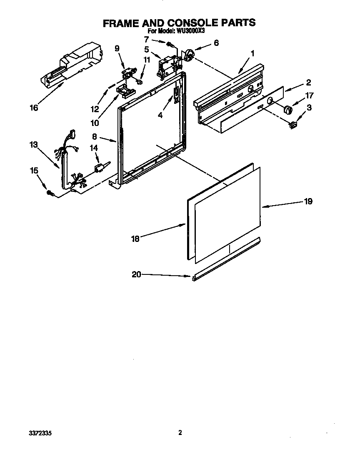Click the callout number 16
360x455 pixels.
coord(34,108)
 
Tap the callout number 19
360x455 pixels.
coord(308,201)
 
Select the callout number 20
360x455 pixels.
coord(136,274)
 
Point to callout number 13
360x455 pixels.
coord(33,145)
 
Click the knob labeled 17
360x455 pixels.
coord(287,110)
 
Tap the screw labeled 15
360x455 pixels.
coord(50,193)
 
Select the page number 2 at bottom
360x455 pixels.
coord(180,433)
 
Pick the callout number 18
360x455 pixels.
coord(135,239)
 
